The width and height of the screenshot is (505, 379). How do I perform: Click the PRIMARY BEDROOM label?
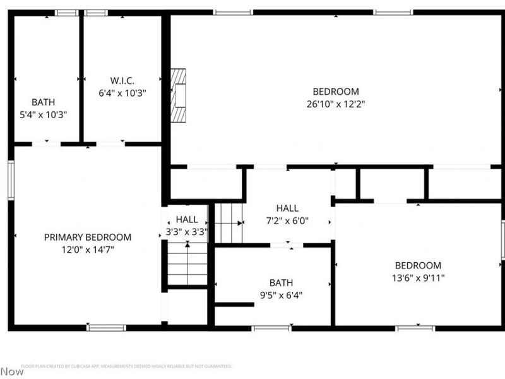[88, 238]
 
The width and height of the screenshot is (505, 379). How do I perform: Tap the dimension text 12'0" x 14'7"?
[88, 250]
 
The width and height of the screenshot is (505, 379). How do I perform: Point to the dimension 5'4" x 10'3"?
[44, 114]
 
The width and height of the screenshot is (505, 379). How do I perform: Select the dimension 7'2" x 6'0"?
[287, 221]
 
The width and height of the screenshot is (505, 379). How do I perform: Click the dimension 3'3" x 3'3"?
[187, 232]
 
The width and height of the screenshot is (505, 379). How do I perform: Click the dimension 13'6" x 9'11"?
[418, 277]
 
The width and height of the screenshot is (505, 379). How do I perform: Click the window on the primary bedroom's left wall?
[11, 181]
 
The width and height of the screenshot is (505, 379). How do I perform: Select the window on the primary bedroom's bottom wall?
[106, 327]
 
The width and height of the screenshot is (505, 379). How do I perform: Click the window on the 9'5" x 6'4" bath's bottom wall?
[271, 328]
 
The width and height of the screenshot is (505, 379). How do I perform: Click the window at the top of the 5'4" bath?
[66, 13]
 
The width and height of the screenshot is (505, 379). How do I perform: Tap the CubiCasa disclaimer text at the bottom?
[126, 366]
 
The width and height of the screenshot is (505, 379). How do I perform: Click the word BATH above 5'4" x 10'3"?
[44, 102]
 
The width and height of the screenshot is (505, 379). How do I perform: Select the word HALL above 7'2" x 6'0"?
[287, 208]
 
